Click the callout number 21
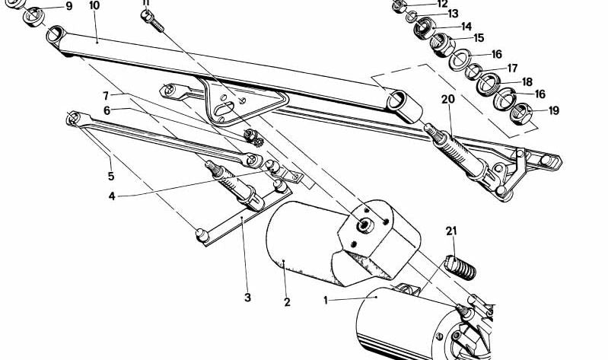point(451,231)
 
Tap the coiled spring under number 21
point(460,267)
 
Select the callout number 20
point(447,99)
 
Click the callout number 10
point(94,5)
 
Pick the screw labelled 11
point(152,21)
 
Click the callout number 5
point(111,176)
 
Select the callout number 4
point(112,196)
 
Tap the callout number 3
point(247,298)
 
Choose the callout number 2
point(287,302)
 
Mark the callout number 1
point(326,301)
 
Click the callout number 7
point(107,95)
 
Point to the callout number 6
point(107,110)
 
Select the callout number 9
point(69,7)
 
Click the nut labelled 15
point(441,44)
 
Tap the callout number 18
point(527,82)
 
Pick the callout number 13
point(453,14)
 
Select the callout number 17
point(513,68)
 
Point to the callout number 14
point(466,27)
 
